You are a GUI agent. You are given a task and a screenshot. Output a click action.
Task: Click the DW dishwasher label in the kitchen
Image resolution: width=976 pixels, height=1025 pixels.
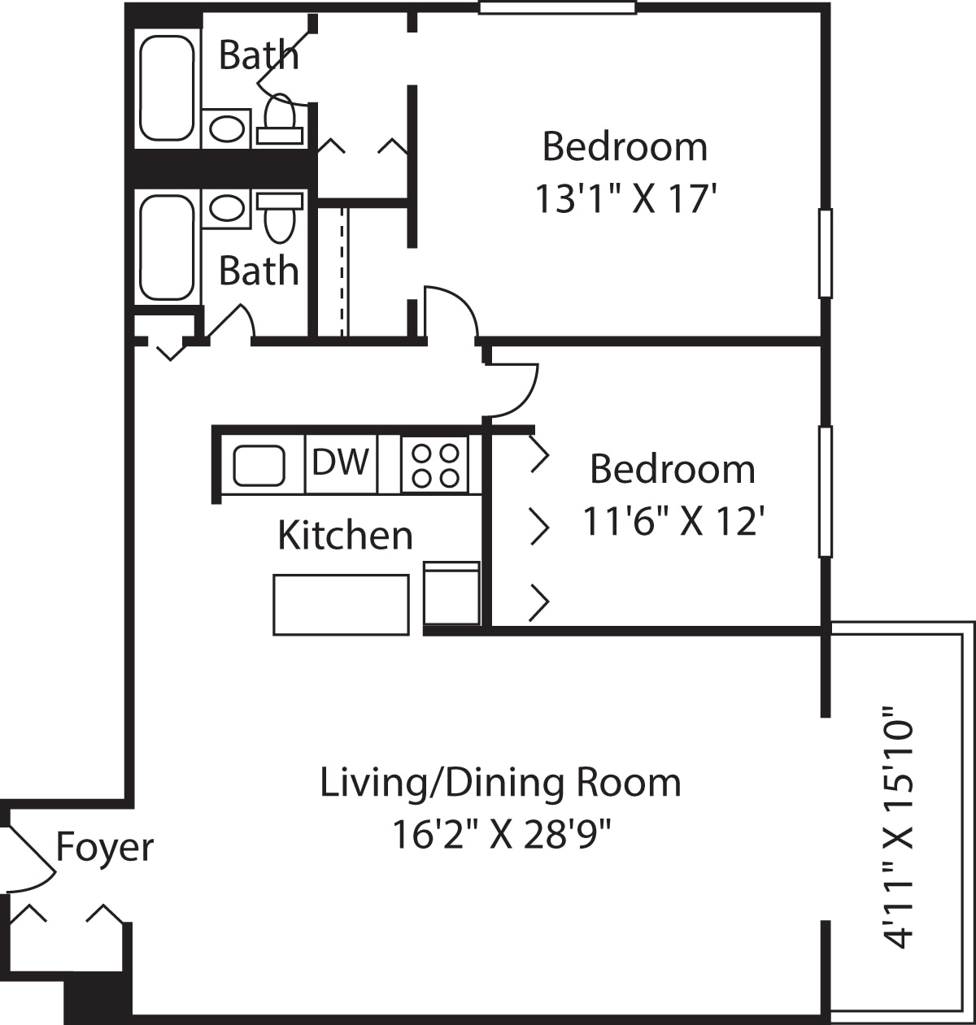tap(341, 463)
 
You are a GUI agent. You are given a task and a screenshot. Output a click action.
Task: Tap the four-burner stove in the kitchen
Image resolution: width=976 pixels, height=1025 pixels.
tap(435, 465)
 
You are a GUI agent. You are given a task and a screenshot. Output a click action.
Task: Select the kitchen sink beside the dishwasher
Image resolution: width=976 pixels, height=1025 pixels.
tap(259, 465)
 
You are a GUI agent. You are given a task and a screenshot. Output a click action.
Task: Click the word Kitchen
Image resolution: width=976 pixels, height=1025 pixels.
tap(345, 535)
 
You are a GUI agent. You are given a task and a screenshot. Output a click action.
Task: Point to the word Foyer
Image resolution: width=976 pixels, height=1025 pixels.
tap(104, 848)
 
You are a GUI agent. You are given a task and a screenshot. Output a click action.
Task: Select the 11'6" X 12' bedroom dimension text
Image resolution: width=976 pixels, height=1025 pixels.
tap(673, 521)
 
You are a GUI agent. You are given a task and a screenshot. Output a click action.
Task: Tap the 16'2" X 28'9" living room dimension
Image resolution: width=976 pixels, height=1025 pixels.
tap(501, 834)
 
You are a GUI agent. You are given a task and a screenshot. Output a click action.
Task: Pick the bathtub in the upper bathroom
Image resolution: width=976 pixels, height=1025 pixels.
tap(167, 88)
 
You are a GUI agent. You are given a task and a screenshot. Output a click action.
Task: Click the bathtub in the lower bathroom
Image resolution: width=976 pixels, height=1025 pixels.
tap(167, 247)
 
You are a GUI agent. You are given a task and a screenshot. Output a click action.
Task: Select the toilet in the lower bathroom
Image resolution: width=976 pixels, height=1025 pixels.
tap(280, 216)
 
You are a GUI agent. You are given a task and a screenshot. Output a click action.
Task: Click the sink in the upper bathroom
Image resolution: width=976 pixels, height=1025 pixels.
tap(226, 128)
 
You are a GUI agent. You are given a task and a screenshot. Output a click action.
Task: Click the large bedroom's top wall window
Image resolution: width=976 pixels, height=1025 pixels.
tap(557, 8)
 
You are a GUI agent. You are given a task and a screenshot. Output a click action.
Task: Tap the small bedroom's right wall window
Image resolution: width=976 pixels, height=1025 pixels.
tap(825, 492)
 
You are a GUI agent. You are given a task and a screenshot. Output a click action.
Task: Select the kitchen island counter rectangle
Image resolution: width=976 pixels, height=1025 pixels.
tap(341, 604)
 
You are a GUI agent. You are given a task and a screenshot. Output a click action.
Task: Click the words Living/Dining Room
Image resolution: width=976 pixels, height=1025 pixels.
tap(500, 783)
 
